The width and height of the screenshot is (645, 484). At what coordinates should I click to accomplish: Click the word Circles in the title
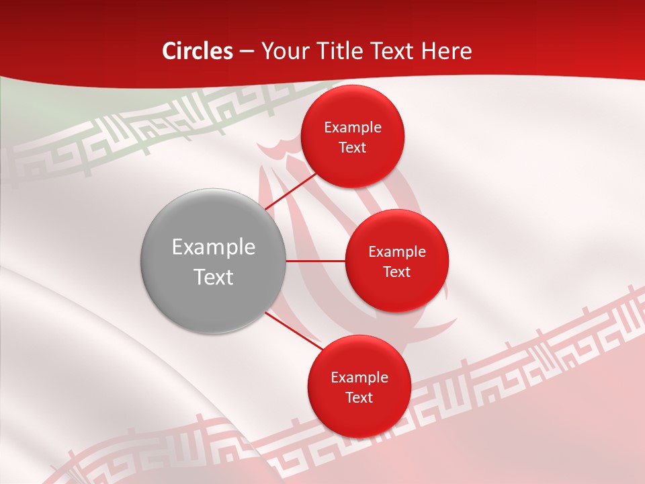pos(197,51)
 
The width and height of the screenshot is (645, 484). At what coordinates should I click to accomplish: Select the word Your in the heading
pos(284,51)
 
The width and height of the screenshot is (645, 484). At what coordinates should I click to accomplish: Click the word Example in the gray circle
pos(214,247)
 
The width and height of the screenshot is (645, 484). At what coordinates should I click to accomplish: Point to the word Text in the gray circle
pos(214,277)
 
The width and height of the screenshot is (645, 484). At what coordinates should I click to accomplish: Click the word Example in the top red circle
pos(353,128)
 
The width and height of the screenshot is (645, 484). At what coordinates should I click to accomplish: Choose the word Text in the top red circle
pos(353,147)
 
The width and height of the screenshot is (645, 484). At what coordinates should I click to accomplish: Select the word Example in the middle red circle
pos(397,252)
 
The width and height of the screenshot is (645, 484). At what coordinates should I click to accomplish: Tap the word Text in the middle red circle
pos(397,272)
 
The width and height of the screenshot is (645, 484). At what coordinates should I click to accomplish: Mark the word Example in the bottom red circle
pos(359,378)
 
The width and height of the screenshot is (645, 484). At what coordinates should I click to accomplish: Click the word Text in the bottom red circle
pos(359,397)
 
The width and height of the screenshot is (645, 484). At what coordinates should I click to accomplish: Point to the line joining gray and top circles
pos(290,191)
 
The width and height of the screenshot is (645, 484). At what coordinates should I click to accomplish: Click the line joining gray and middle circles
pos(316,260)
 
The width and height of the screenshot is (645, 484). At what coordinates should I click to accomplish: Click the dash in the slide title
pos(247,52)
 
